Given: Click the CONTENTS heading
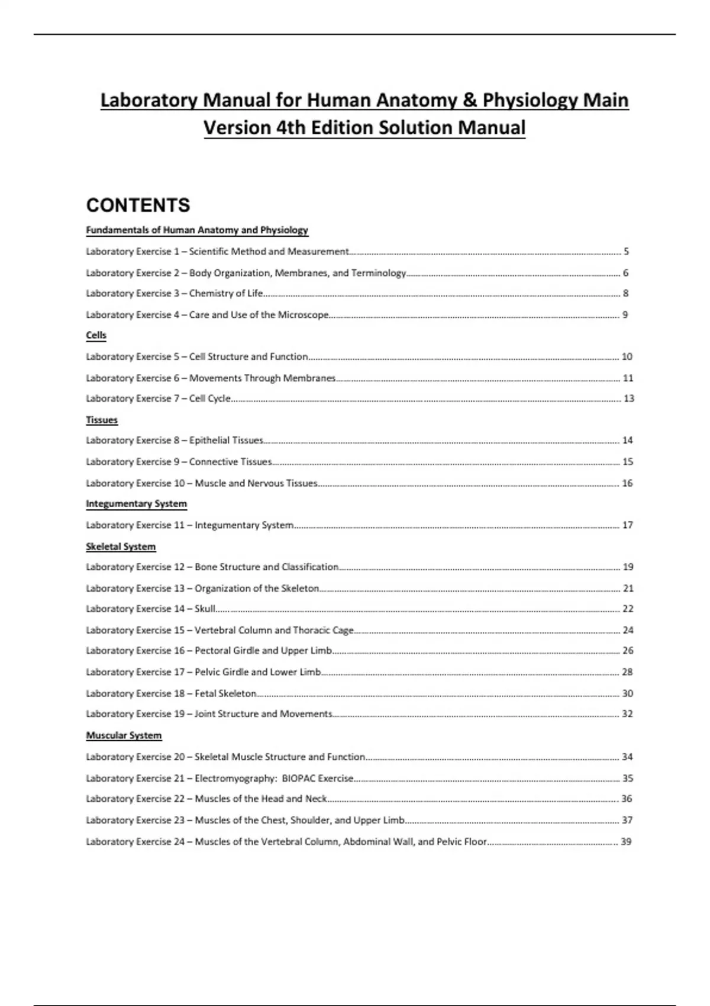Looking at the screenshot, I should [x=138, y=205].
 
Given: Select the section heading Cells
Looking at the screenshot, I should [x=96, y=336].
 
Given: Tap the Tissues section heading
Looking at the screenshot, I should [x=102, y=420].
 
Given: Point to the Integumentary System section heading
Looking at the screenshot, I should [x=136, y=504].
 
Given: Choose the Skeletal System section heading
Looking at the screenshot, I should [x=121, y=547].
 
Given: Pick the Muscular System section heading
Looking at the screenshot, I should [x=124, y=736].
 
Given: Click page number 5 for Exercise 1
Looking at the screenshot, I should [x=626, y=251].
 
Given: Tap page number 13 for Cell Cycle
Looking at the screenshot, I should [x=628, y=399].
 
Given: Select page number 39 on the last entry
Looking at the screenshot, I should [x=626, y=841].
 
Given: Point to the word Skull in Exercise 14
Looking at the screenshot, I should [x=205, y=609].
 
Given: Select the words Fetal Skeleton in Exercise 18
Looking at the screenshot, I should [x=225, y=694].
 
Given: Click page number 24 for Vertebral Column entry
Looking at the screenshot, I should [x=628, y=630].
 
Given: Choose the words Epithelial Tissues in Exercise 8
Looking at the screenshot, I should [x=226, y=440].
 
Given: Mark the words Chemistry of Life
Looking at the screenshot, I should [x=226, y=294].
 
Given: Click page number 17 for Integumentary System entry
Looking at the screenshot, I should [x=628, y=525].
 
